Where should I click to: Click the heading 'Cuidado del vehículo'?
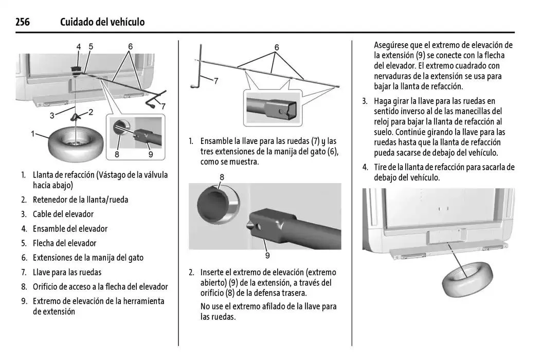[102, 22]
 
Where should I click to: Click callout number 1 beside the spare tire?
[33, 134]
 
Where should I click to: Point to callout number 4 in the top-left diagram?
[79, 47]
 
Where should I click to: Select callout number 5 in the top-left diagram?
[91, 47]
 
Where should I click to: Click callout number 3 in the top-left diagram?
[52, 116]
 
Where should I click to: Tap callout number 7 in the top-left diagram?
[164, 106]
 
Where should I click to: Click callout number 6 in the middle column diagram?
[277, 47]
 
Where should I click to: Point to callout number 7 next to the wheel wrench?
[216, 81]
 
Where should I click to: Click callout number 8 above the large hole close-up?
[222, 177]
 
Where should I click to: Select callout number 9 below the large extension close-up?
[267, 255]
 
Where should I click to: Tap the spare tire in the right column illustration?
[466, 278]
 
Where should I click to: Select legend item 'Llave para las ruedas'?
[67, 272]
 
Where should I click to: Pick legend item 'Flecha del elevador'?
[64, 243]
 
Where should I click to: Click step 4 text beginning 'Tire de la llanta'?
[444, 172]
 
